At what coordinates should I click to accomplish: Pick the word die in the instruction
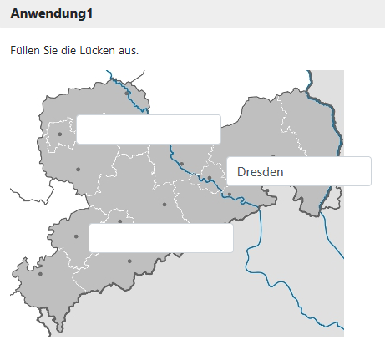(x=68, y=51)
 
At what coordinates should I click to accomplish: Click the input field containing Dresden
(x=298, y=171)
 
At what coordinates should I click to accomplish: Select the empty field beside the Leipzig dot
(x=148, y=129)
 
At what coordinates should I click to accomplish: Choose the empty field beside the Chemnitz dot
(x=160, y=238)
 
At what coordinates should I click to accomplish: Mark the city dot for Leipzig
(x=60, y=134)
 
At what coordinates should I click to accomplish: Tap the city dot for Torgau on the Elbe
(x=127, y=94)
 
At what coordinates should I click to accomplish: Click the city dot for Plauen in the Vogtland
(x=40, y=274)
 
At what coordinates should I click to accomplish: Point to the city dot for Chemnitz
(x=120, y=221)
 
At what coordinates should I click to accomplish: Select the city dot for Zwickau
(x=76, y=236)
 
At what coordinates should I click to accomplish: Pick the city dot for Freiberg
(x=165, y=204)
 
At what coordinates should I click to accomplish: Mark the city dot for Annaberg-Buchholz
(x=129, y=261)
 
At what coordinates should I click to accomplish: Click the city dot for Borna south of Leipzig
(x=78, y=170)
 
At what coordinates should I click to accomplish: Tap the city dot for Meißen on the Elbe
(x=181, y=164)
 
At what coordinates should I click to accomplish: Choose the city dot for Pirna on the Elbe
(x=230, y=195)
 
